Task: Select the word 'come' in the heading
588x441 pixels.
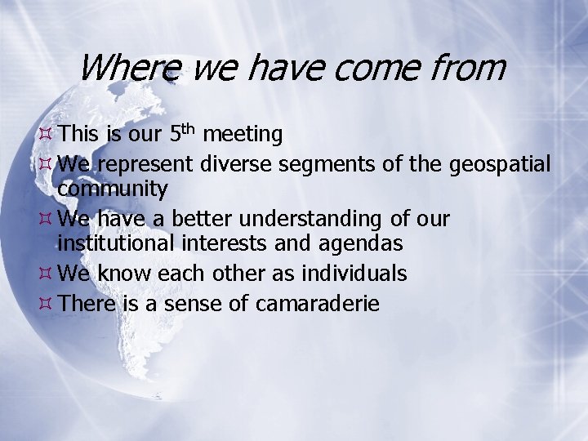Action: (381, 67)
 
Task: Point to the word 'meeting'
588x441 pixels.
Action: (243, 134)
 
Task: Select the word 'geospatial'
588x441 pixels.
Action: (500, 164)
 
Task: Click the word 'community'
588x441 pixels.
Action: (113, 189)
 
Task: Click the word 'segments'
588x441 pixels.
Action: (328, 164)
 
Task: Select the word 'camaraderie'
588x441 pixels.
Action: (318, 305)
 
